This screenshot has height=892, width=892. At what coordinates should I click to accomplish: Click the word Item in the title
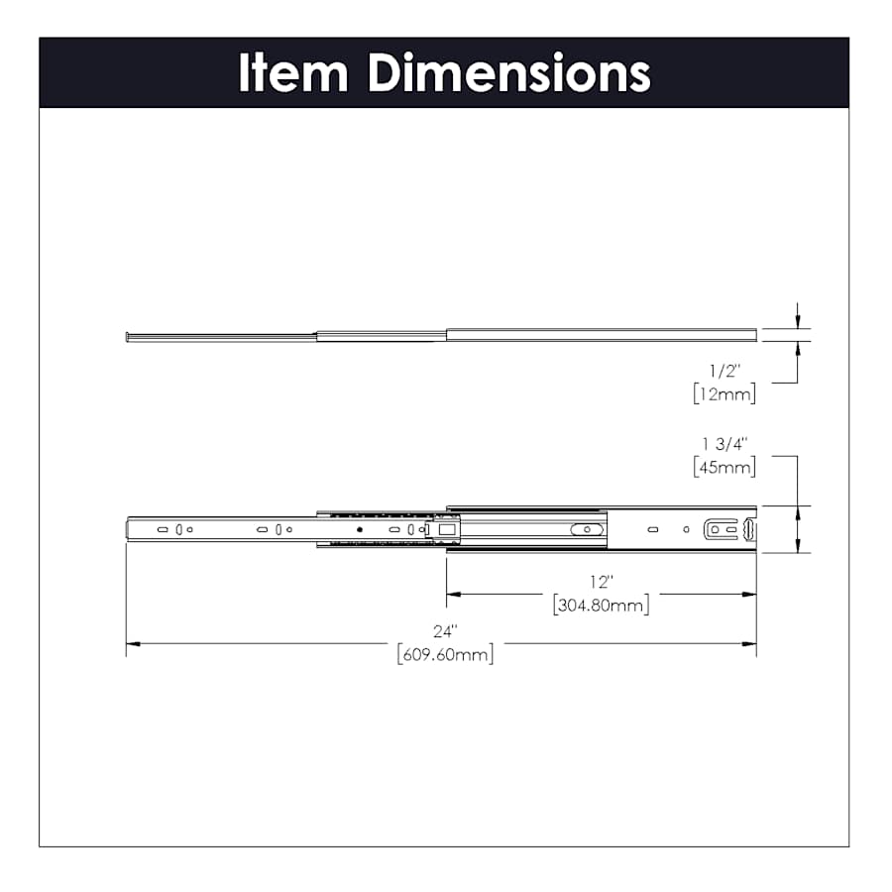click(293, 72)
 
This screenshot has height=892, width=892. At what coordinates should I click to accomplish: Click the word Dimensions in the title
click(508, 72)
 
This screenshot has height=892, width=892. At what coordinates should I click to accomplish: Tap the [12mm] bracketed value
click(725, 393)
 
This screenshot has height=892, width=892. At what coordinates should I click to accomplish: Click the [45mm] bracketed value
click(725, 466)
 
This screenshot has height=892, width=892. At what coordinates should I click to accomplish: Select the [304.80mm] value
click(601, 605)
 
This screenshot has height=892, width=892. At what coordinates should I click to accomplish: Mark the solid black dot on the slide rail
click(360, 530)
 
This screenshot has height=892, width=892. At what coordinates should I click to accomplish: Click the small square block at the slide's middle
click(447, 530)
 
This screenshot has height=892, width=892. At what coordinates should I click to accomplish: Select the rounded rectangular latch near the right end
click(722, 530)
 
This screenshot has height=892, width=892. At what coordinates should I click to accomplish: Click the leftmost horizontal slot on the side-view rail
click(163, 530)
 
